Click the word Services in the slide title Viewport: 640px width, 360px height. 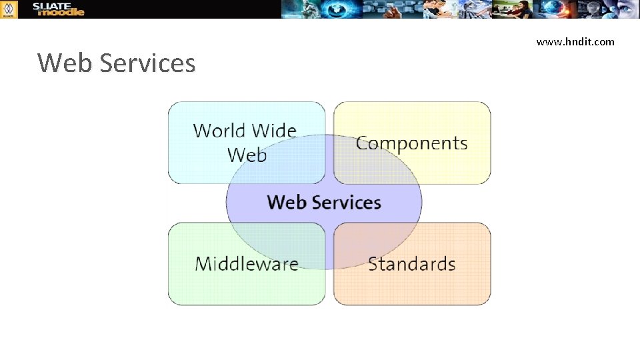point(147,63)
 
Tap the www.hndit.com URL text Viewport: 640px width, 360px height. point(575,42)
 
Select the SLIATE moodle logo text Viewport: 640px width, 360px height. point(59,9)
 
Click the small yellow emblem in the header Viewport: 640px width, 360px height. point(9,9)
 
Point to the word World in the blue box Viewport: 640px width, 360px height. point(218,130)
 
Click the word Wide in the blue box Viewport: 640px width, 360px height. point(273,130)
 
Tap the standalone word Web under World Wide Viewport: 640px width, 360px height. point(247,155)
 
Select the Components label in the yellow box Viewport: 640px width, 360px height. point(411,143)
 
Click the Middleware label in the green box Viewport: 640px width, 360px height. point(247,263)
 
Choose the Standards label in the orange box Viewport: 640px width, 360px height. point(411,263)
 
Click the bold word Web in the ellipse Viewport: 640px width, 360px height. point(287,202)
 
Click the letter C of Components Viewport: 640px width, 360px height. point(363,143)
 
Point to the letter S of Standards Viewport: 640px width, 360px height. point(373,263)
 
